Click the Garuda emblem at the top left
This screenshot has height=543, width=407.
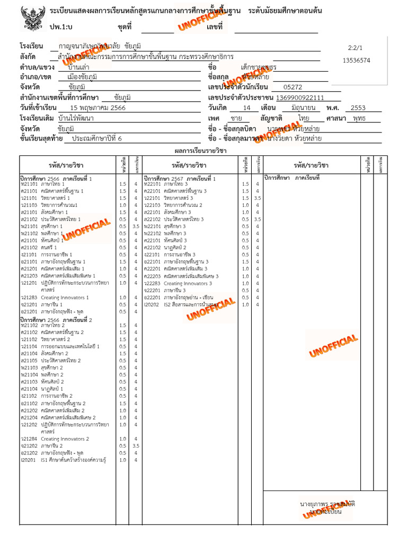click(x=31, y=20)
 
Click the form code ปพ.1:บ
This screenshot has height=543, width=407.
click(x=61, y=27)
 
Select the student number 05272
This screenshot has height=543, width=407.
click(x=293, y=87)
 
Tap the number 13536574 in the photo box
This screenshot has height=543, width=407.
click(x=356, y=60)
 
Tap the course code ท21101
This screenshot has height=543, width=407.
click(x=29, y=183)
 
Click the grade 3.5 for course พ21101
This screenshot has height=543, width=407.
click(x=136, y=226)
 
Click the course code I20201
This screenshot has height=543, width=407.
click(x=28, y=460)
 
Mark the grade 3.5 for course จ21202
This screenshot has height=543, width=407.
click(x=136, y=446)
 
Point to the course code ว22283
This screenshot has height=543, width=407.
click(x=152, y=283)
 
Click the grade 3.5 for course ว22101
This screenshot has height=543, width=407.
click(x=258, y=198)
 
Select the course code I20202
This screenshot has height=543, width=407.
click(x=152, y=304)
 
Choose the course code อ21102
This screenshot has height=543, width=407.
click(x=29, y=403)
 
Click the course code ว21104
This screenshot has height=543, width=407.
click(x=29, y=346)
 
